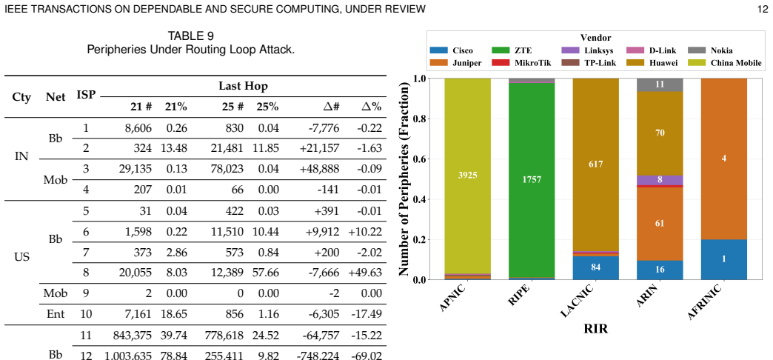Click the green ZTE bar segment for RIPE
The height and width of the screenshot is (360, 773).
pyautogui.click(x=532, y=180)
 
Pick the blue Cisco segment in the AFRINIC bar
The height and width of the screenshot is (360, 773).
pyautogui.click(x=723, y=259)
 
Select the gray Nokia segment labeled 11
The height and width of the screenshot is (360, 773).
pyautogui.click(x=660, y=85)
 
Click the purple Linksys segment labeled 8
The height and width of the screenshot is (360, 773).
pyautogui.click(x=660, y=180)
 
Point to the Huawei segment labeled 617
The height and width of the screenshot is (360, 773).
pyautogui.click(x=595, y=164)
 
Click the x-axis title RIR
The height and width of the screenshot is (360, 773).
pyautogui.click(x=595, y=329)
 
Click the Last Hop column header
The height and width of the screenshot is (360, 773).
pyautogui.click(x=243, y=87)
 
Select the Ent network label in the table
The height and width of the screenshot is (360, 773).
pyautogui.click(x=56, y=314)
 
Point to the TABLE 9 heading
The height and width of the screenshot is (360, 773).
pyautogui.click(x=191, y=36)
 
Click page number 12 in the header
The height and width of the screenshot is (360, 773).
pyautogui.click(x=762, y=9)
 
